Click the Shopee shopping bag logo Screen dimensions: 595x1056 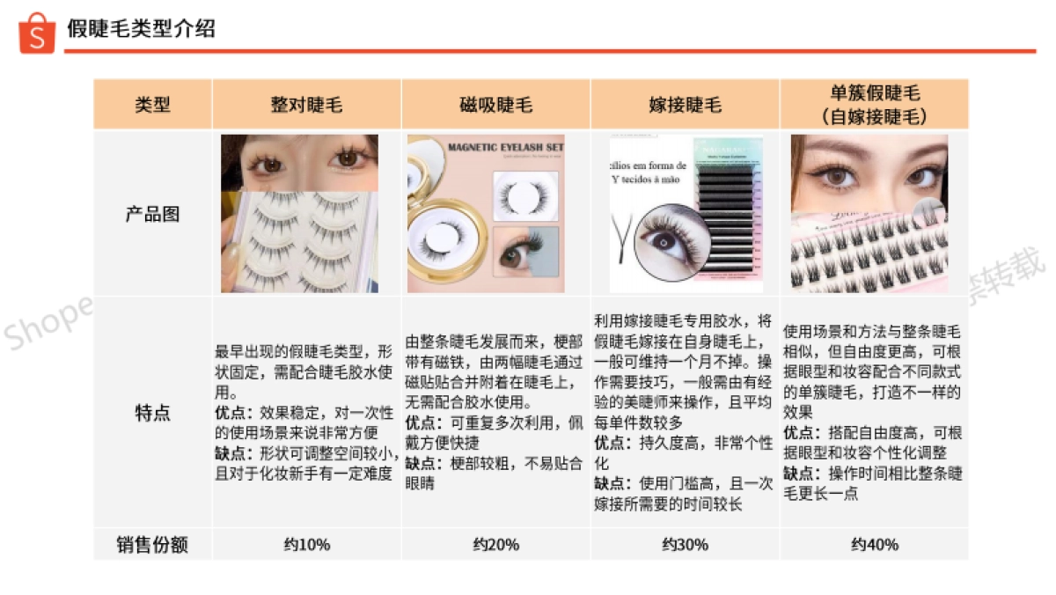(37, 33)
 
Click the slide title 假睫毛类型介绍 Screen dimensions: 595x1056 (141, 29)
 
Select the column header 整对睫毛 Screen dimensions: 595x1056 (305, 105)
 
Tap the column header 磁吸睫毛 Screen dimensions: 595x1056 (495, 105)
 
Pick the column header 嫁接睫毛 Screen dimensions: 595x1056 (685, 105)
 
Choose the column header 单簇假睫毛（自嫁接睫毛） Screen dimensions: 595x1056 (874, 104)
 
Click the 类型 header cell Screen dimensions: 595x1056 (152, 105)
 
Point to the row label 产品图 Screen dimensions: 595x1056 (152, 214)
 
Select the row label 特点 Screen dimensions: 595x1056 (152, 412)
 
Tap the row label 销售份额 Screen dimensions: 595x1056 (152, 544)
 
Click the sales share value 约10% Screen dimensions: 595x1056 (305, 544)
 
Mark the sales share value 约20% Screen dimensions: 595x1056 (495, 544)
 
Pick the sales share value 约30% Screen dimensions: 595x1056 (685, 544)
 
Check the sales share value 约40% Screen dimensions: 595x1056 (874, 544)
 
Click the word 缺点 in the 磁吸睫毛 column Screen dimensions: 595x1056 (420, 463)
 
